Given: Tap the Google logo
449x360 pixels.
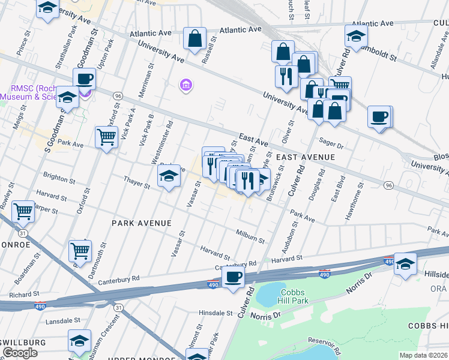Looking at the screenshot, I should click(x=20, y=352).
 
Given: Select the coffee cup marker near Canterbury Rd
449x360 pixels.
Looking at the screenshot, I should click(x=233, y=278).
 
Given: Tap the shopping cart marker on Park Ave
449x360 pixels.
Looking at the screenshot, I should click(x=106, y=137).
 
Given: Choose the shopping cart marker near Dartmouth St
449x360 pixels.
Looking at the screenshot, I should click(x=80, y=251).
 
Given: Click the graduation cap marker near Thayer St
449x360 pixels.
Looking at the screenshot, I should click(x=169, y=176).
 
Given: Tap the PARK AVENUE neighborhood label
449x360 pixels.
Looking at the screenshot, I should click(x=142, y=223).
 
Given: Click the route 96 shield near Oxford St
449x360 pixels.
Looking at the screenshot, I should click(x=118, y=96).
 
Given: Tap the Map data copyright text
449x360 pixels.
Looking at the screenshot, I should click(x=424, y=355).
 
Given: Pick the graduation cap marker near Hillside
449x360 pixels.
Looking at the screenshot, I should click(x=405, y=264).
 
